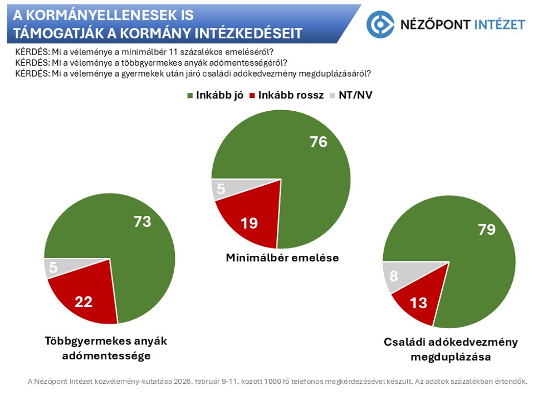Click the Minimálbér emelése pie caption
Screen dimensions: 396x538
click(282, 258)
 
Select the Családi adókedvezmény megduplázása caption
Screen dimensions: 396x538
click(451, 349)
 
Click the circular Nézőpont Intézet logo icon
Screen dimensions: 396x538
click(380, 24)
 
